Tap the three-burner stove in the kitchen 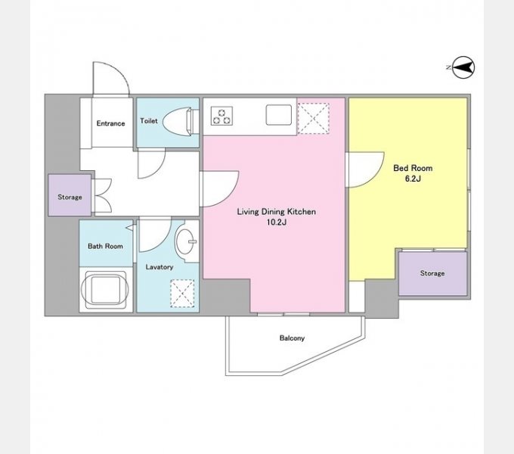(x=222, y=116)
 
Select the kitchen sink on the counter (x=279, y=115)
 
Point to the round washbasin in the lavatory (x=184, y=241)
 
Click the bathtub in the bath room (x=106, y=289)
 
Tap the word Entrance (x=111, y=123)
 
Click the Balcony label (x=292, y=338)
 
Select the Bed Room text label (x=413, y=168)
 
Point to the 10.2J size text (x=277, y=222)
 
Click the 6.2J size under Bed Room (x=413, y=179)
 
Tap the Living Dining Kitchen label (x=277, y=212)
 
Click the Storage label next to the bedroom (x=432, y=273)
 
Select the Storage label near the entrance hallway (x=70, y=197)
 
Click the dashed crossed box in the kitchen (x=314, y=119)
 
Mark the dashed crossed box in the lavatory (x=182, y=294)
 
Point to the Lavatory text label (x=159, y=267)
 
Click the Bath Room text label (x=105, y=246)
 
